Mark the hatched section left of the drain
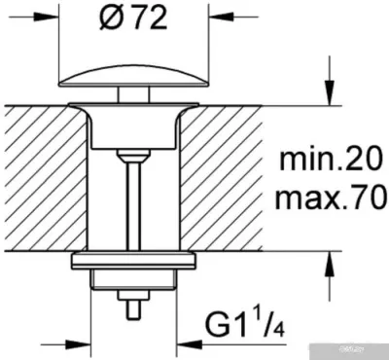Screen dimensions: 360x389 39,175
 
